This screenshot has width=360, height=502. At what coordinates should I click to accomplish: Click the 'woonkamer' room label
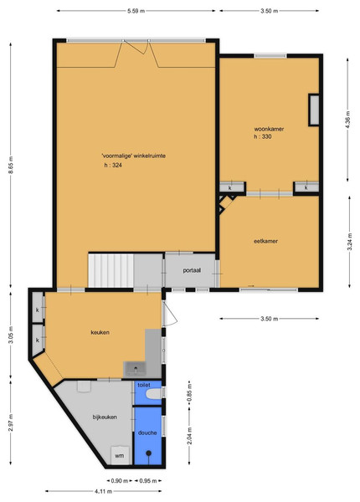pos(269,130)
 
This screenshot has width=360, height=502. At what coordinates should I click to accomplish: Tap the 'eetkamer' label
pos(265,242)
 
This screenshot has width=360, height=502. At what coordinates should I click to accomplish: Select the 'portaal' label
pos(192,270)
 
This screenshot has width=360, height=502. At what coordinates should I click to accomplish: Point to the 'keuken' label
pos(100,332)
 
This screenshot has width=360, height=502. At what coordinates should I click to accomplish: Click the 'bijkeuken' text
pos(105,417)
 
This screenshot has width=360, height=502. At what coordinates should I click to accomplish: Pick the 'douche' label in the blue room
pos(147,433)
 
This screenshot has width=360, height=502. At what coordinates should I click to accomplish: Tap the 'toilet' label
pos(144,385)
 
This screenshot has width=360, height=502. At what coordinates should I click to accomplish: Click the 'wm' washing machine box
pos(120,455)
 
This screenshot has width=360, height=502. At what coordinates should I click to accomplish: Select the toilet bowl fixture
pos(154,394)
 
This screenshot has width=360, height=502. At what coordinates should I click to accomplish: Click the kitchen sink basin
pos(135,369)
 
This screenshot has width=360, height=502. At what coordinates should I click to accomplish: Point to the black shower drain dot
pos(149,453)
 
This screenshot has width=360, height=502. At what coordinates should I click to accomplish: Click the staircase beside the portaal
pos(111,270)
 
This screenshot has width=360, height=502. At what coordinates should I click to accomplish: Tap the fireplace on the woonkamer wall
pos(314,110)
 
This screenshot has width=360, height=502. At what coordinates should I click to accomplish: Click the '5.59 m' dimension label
pos(136,11)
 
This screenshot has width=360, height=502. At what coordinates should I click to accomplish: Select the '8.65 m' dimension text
pos(11,165)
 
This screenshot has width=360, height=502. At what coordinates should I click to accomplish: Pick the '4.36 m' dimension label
pos(348,120)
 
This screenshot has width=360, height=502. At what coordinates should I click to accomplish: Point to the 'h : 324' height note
pos(113,166)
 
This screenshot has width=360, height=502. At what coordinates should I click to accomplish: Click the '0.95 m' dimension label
pos(148,481)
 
